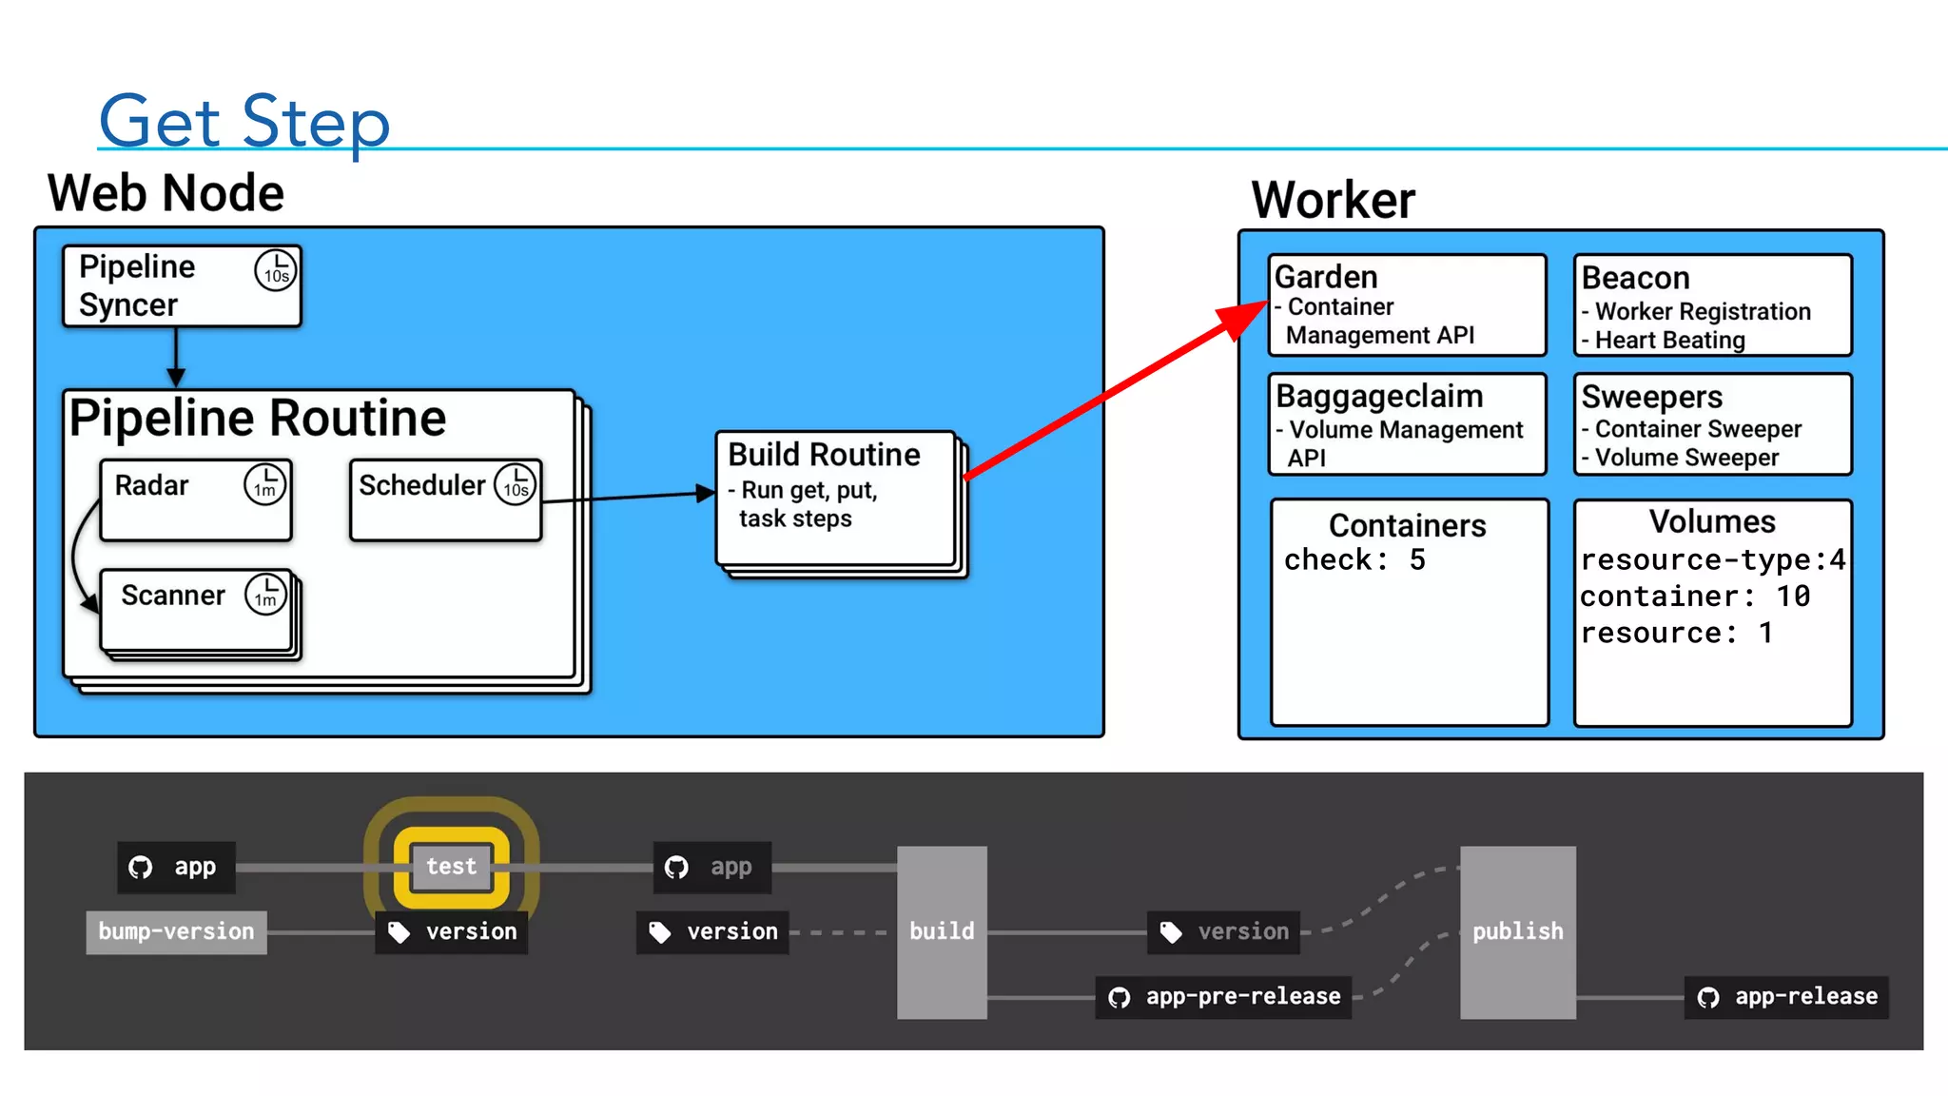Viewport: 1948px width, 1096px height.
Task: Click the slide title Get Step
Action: (x=244, y=122)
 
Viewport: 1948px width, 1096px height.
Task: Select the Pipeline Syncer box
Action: (x=181, y=286)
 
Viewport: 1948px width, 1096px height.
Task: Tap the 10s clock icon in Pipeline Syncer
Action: (x=276, y=270)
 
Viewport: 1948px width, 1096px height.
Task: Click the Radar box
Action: (x=195, y=500)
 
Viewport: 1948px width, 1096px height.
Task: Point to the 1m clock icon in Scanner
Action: (x=265, y=595)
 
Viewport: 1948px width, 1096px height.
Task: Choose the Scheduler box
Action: (x=444, y=500)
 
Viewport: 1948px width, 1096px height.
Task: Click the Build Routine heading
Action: (x=824, y=455)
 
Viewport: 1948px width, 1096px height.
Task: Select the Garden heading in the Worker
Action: (x=1326, y=277)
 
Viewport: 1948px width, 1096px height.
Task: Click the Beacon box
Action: (x=1712, y=305)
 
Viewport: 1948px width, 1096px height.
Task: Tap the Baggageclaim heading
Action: (x=1379, y=396)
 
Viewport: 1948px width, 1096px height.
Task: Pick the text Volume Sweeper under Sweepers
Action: (x=1686, y=458)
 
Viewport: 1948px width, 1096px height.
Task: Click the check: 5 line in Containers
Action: (x=1354, y=559)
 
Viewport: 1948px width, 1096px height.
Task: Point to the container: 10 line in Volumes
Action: (x=1695, y=597)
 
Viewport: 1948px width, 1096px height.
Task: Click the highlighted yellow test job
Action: (x=451, y=867)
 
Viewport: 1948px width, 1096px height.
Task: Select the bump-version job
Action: (x=176, y=931)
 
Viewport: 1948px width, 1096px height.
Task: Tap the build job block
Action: (x=942, y=931)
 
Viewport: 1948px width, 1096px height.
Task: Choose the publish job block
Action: (x=1517, y=931)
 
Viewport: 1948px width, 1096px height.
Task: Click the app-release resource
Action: (x=1786, y=996)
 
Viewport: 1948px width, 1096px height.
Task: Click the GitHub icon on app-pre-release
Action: (x=1120, y=997)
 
